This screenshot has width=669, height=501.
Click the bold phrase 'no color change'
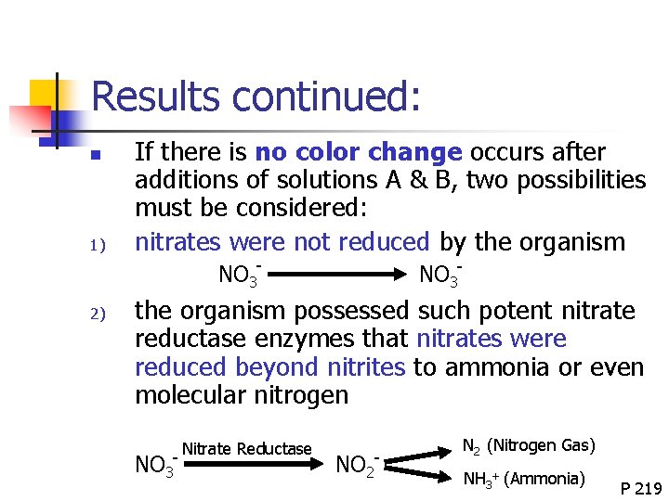(x=358, y=152)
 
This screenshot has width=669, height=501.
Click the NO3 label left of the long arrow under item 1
(x=239, y=275)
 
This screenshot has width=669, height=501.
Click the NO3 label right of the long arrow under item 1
(x=440, y=275)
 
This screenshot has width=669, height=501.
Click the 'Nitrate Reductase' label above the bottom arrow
(x=246, y=449)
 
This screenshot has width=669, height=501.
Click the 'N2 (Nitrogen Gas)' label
(x=528, y=445)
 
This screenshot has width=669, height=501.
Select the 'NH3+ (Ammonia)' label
(x=524, y=479)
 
